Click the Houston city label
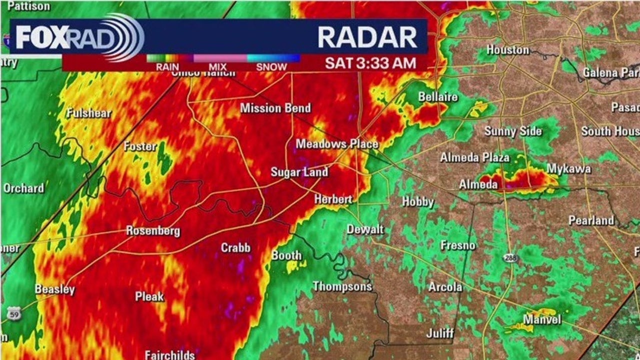pyautogui.click(x=507, y=50)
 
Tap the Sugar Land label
pyautogui.click(x=299, y=172)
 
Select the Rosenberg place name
pyautogui.click(x=152, y=231)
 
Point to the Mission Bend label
pyautogui.click(x=275, y=108)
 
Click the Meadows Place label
pyautogui.click(x=336, y=144)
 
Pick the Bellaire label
pyautogui.click(x=438, y=97)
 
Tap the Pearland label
pyautogui.click(x=591, y=220)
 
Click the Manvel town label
pyautogui.click(x=542, y=319)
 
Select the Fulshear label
pyautogui.click(x=89, y=113)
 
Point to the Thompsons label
pyautogui.click(x=342, y=286)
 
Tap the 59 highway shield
pyautogui.click(x=14, y=314)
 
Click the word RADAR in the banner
pyautogui.click(x=367, y=37)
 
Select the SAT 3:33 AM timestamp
pyautogui.click(x=370, y=63)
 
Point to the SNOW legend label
pyautogui.click(x=271, y=67)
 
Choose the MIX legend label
pyautogui.click(x=217, y=67)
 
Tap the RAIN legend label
pyautogui.click(x=167, y=67)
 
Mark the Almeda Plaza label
pyautogui.click(x=474, y=158)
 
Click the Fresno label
pyautogui.click(x=458, y=245)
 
